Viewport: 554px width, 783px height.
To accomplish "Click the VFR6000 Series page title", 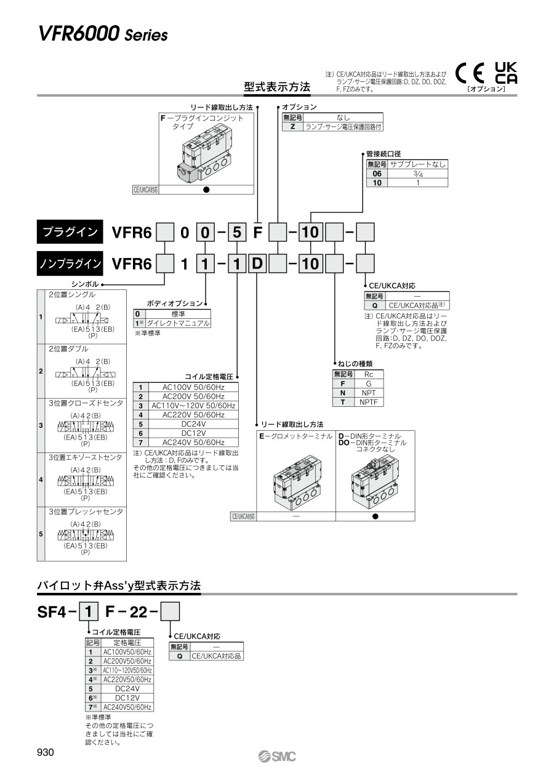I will (103, 35).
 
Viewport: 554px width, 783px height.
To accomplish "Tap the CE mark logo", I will (470, 74).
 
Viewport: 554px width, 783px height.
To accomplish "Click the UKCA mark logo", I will (506, 73).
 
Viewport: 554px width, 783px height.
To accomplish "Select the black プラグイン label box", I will (70, 232).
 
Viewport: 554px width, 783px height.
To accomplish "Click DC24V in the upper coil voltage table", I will (193, 424).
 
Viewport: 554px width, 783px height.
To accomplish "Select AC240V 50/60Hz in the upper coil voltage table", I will (193, 442).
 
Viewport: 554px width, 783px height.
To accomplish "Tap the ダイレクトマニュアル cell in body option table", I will (178, 323).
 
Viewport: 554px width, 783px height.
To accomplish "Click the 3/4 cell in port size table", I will (418, 174).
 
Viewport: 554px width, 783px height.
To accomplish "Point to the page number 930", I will (46, 753).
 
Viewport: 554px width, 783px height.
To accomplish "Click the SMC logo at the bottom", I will (278, 757).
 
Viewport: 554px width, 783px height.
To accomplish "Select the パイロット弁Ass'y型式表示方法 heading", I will (119, 586).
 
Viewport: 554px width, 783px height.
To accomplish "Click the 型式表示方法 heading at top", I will (277, 87).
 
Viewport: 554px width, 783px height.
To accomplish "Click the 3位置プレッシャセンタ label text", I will (86, 512).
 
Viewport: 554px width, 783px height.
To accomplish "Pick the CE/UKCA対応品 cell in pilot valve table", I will (217, 656).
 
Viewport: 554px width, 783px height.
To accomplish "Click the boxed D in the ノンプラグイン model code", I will (257, 264).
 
